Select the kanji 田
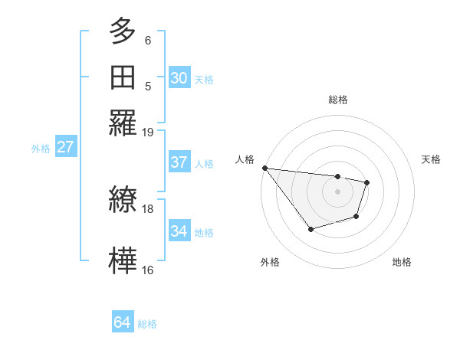coord(123,77)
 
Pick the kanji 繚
coord(123,200)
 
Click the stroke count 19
coord(148,132)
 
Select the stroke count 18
coord(148,208)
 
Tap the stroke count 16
coord(148,270)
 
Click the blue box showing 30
coord(179,77)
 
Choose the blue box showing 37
coord(179,162)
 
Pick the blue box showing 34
coord(179,231)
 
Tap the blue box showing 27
coord(65,147)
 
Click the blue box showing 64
coord(122,322)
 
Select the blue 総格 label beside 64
coord(147,324)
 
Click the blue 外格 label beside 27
coord(41,149)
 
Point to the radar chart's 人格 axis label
coord(245,159)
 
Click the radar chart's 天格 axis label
coord(431,159)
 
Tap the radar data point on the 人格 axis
coord(264,168)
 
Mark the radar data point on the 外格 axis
coord(310,228)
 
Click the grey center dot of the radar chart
coord(337,191)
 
